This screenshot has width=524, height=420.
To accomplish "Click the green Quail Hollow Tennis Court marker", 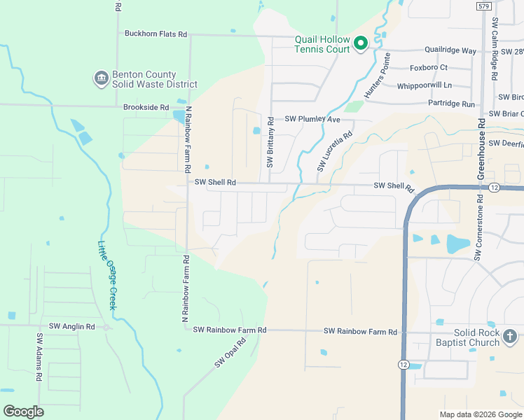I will pyautogui.click(x=361, y=44).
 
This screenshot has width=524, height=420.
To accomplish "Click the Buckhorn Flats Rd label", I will pyautogui.click(x=156, y=34).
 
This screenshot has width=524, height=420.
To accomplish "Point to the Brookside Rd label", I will pyautogui.click(x=146, y=108).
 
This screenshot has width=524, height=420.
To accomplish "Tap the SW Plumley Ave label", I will pyautogui.click(x=312, y=119).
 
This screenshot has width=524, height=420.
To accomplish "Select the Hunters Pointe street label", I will pyautogui.click(x=376, y=79).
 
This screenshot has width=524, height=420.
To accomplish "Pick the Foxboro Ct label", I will pyautogui.click(x=428, y=68).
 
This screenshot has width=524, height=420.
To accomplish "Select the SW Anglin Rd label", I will pyautogui.click(x=71, y=327).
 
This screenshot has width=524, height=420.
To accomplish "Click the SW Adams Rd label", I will pyautogui.click(x=39, y=356).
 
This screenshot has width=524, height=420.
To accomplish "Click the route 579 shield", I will pyautogui.click(x=483, y=6).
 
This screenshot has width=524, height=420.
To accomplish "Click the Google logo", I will pyautogui.click(x=23, y=411).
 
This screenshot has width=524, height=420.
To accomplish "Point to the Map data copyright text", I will pyautogui.click(x=480, y=414).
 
